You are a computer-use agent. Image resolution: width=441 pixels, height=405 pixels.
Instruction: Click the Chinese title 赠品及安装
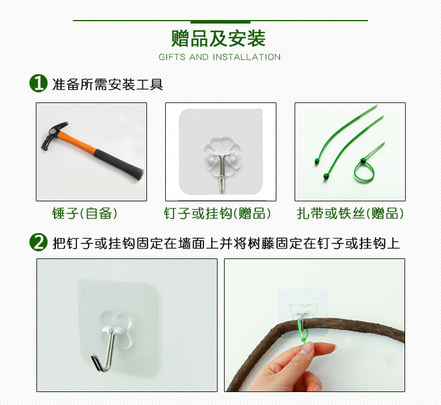pyautogui.click(x=219, y=38)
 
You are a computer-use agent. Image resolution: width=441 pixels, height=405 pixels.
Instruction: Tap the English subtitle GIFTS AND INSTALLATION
pyautogui.click(x=220, y=57)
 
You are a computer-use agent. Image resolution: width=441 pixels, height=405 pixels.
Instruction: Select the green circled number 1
pyautogui.click(x=39, y=83)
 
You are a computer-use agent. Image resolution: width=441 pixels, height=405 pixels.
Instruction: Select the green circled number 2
pyautogui.click(x=39, y=242)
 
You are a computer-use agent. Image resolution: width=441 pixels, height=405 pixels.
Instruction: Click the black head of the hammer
pyautogui.click(x=53, y=135)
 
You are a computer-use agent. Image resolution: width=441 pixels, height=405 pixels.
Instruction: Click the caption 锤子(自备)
pyautogui.click(x=84, y=213)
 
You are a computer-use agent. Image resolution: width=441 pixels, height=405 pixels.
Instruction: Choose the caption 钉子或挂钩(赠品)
pyautogui.click(x=217, y=213)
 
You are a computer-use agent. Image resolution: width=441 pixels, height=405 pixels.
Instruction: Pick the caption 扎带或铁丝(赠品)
pyautogui.click(x=350, y=213)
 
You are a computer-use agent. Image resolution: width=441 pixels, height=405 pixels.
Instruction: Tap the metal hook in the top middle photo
pyautogui.click(x=222, y=172)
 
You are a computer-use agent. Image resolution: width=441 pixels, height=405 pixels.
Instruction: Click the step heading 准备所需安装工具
pyautogui.click(x=108, y=84)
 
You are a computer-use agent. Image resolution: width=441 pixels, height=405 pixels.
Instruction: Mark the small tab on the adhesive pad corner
pyautogui.click(x=259, y=112)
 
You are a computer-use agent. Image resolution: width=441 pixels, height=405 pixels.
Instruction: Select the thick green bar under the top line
pyautogui.click(x=220, y=22)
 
